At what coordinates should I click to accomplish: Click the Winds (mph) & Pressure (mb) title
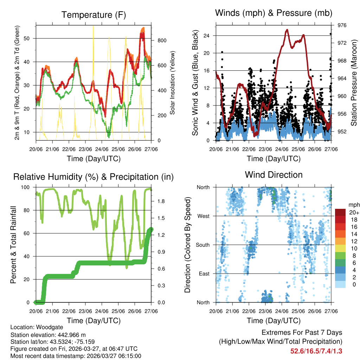(274, 13)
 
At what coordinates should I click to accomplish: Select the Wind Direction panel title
(274, 175)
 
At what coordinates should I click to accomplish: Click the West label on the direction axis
(203, 216)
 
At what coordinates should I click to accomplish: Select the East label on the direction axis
(204, 274)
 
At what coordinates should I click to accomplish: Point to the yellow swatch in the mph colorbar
(340, 248)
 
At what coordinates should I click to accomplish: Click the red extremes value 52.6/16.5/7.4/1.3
(316, 351)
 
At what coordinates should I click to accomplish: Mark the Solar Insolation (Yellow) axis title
(173, 83)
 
